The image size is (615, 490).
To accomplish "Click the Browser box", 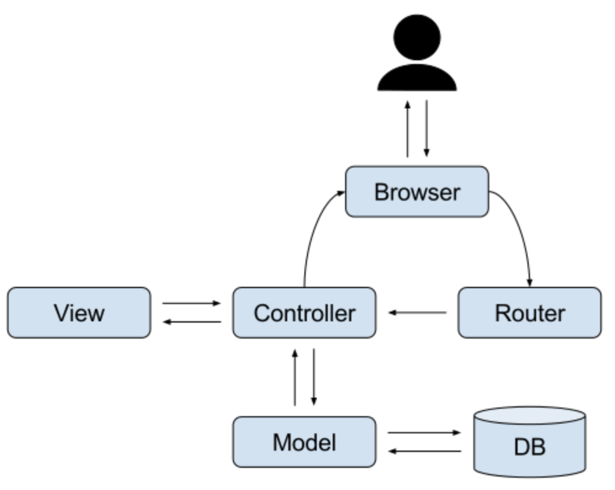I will tap(417, 191).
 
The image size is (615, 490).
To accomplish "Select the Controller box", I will tap(304, 313).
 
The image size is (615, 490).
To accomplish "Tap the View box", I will tap(79, 313).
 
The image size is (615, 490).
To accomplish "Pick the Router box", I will tap(529, 313).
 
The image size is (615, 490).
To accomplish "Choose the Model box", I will tap(304, 441).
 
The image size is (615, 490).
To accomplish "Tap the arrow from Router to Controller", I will tap(417, 313).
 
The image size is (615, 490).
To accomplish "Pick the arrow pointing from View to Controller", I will tap(191, 303).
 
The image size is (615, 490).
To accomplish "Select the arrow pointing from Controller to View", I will tap(191, 321).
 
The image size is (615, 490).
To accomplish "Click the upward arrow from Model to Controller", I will tap(295, 377).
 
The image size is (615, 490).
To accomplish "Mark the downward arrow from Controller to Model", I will tap(314, 377).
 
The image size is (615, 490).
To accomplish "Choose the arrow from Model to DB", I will tap(424, 433).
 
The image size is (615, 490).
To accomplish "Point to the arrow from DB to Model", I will tap(424, 451).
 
